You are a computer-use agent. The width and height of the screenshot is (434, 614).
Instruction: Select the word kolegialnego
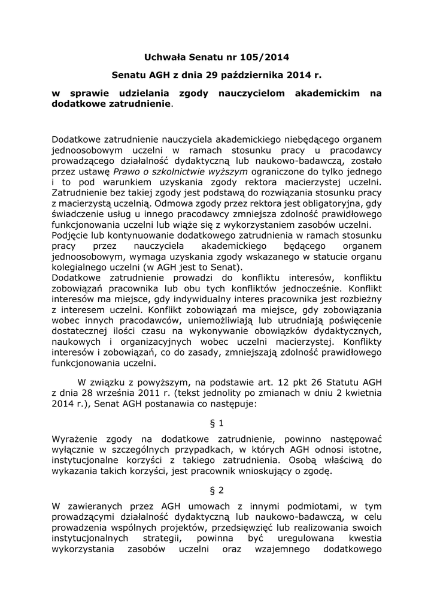point(81,267)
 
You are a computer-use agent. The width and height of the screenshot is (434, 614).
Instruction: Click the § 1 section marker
point(217,423)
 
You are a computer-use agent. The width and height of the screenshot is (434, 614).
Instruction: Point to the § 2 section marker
point(217,489)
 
